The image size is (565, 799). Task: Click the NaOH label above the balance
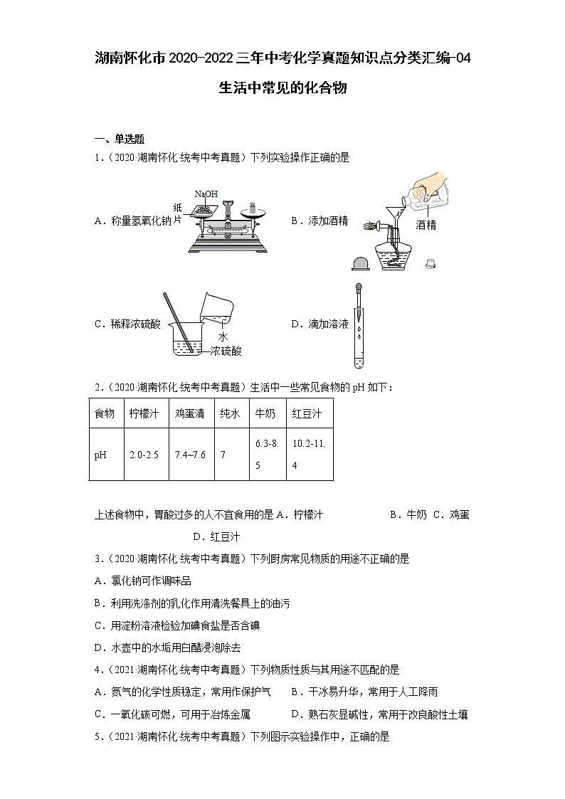206,194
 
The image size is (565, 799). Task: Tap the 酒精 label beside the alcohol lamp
426,225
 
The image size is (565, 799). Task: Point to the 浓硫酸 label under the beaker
226,351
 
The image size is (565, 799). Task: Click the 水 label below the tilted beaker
223,337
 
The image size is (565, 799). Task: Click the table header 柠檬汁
144,413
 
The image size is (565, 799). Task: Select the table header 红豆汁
307,413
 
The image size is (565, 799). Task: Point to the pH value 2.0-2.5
144,455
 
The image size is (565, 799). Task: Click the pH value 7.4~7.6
190,455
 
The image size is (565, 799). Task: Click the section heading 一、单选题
120,139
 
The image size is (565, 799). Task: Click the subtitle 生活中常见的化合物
282,89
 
